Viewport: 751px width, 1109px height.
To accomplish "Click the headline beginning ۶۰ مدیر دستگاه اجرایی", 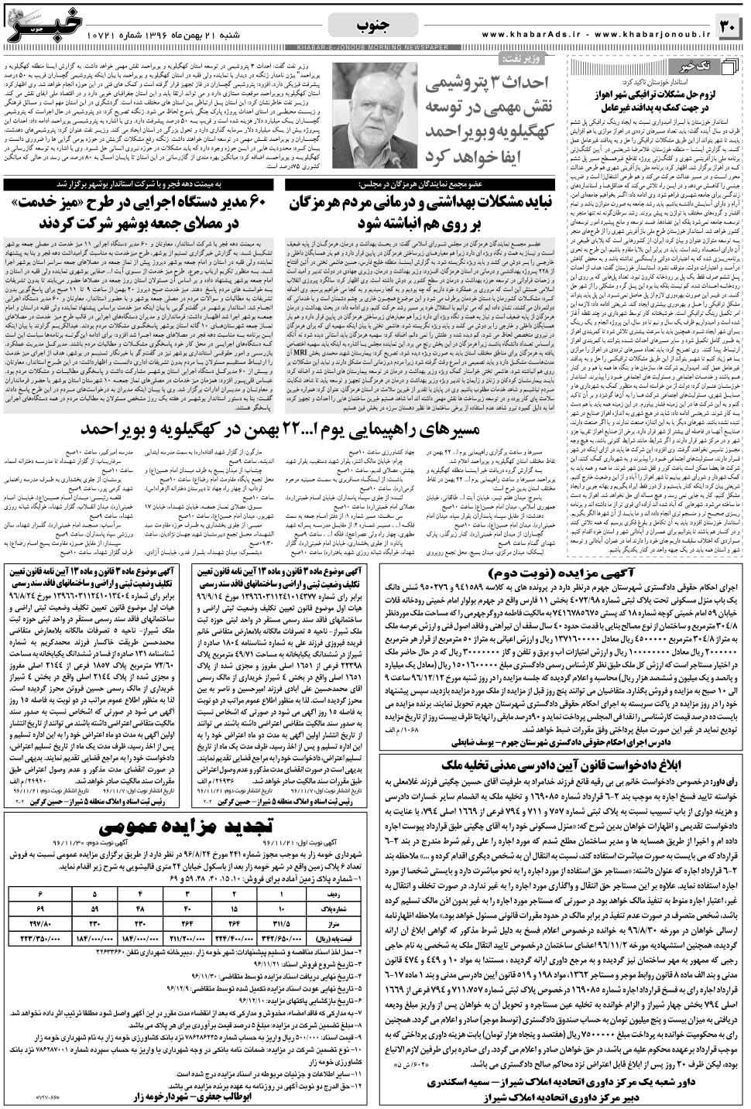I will pyautogui.click(x=143, y=214).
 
